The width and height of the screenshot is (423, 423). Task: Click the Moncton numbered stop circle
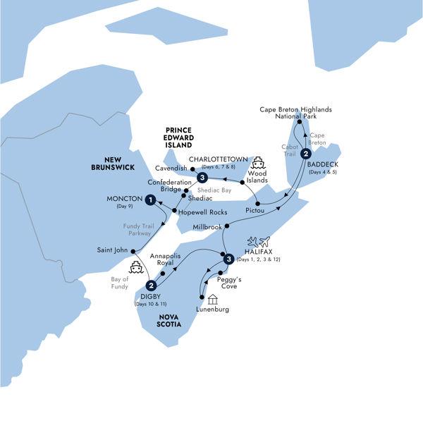point(150,201)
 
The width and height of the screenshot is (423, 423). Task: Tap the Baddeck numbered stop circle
point(305,154)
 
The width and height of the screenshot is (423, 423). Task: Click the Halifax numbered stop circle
point(228,259)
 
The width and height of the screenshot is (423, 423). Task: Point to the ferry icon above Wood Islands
point(258,161)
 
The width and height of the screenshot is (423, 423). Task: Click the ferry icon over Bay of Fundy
point(137,267)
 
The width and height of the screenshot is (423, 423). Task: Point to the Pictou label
point(255,210)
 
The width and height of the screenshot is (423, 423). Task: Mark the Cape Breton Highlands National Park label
point(295,114)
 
